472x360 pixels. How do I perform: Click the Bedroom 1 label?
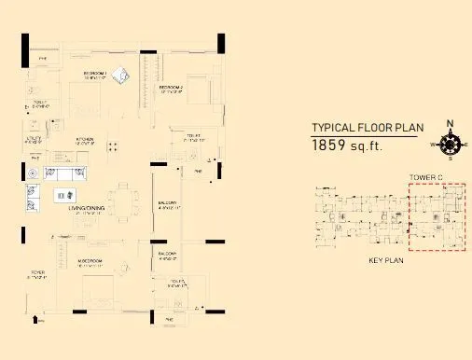coord(95,74)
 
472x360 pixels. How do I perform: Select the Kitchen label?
coord(84,142)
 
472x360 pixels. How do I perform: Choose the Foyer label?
coord(37,275)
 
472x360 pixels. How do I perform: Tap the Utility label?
coord(31,141)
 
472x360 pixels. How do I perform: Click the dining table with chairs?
coord(120,200)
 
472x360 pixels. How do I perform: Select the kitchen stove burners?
coord(113,146)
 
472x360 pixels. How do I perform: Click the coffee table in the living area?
coord(63,194)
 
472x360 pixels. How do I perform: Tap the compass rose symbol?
coord(450,144)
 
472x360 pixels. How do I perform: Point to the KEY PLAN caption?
coord(384,262)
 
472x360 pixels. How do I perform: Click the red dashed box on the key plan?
coord(437,217)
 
